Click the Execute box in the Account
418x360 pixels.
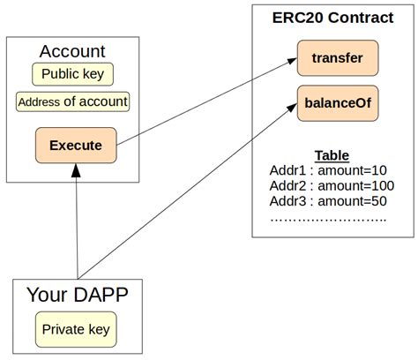75,145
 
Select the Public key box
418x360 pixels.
73,73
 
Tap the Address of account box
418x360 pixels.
73,101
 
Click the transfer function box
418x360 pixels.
338,58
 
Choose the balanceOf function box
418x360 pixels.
338,102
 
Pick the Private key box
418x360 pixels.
78,329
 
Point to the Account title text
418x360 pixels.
73,51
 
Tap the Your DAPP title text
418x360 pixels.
78,296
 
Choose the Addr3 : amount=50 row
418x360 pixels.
327,201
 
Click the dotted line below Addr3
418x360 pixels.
327,216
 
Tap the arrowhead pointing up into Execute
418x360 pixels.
77,170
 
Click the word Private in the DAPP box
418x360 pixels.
63,329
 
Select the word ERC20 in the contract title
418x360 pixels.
298,19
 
